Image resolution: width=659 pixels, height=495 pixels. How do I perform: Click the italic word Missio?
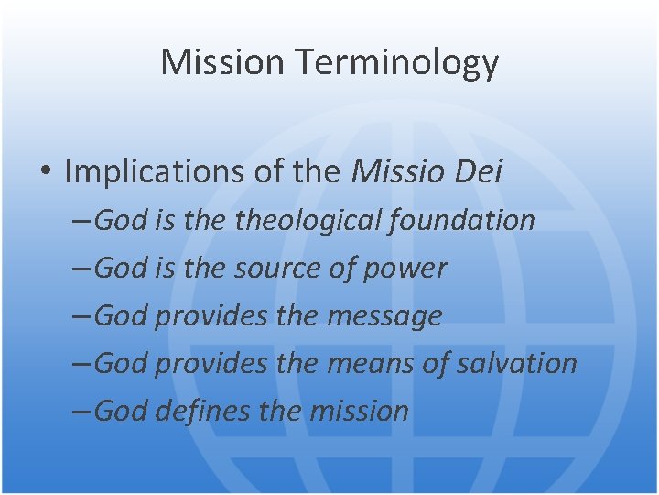(x=395, y=171)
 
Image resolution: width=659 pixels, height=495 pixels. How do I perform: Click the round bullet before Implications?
(x=46, y=172)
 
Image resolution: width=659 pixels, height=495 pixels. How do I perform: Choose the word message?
(x=384, y=315)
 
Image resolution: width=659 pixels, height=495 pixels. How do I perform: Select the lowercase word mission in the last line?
(x=358, y=411)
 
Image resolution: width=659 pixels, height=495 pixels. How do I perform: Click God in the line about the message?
(x=122, y=315)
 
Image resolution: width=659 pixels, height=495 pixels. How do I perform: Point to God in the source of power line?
(x=122, y=268)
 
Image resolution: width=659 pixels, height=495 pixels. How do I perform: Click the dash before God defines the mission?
(x=81, y=412)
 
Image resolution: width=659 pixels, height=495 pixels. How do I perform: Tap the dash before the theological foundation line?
(x=81, y=221)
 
